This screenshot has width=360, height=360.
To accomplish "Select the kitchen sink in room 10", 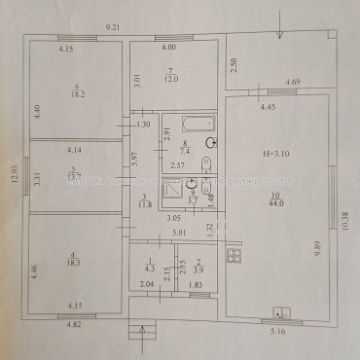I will (280, 285).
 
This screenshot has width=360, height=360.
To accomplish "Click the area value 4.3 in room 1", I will (150, 266).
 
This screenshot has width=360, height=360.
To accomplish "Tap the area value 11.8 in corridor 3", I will (143, 202).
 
